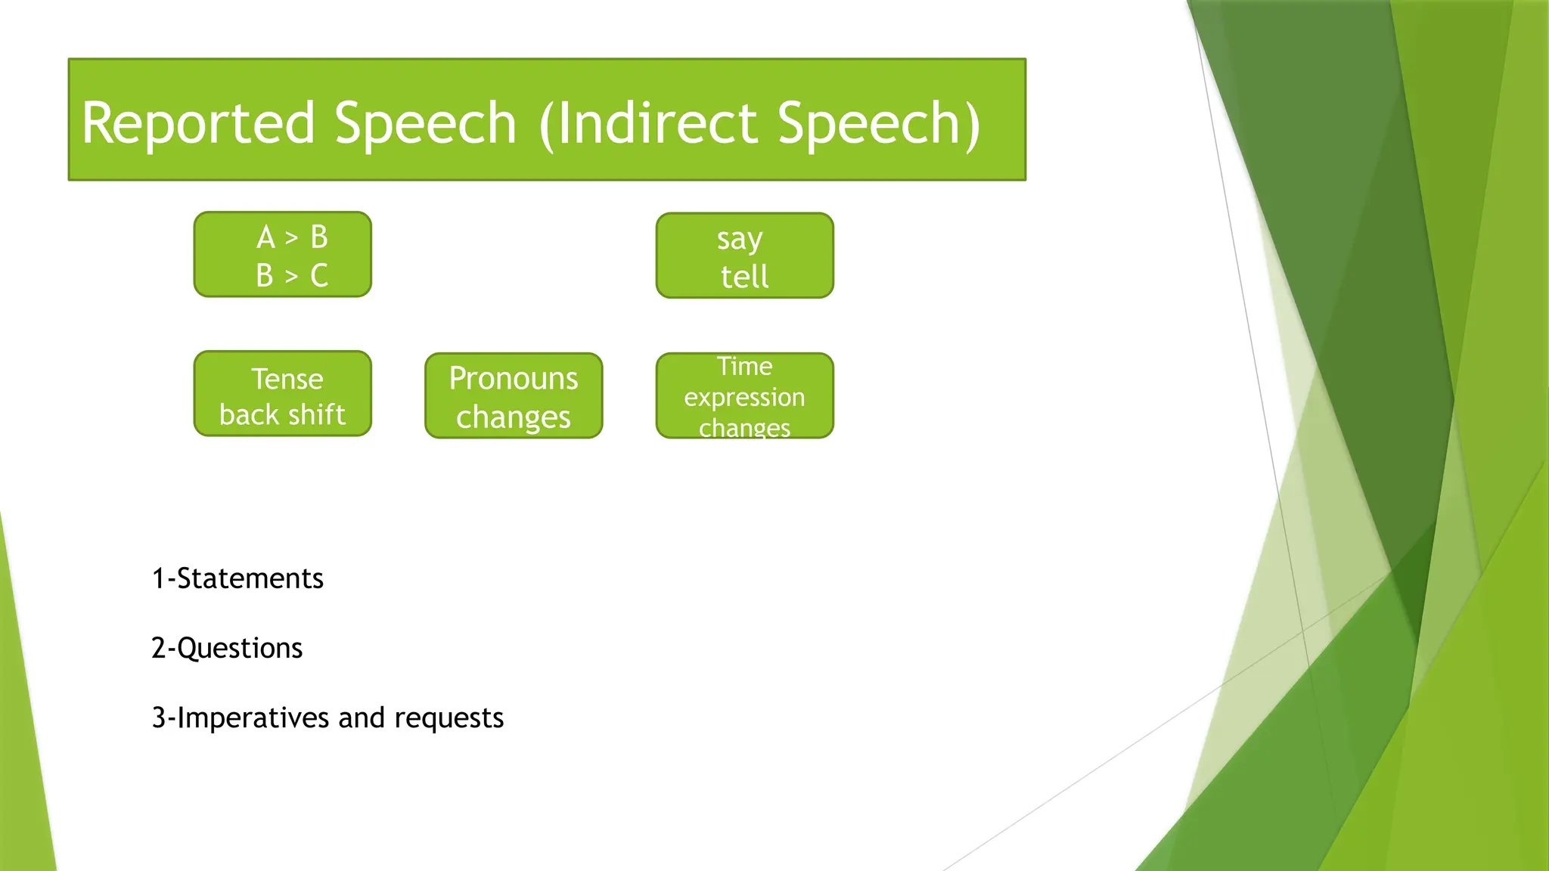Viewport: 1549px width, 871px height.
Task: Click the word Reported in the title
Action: point(197,123)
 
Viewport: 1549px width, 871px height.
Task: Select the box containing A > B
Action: point(282,254)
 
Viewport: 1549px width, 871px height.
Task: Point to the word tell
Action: point(744,277)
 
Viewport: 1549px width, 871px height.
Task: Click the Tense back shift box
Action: point(282,394)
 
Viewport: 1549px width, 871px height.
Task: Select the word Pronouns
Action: point(513,378)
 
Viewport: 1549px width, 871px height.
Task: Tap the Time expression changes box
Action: point(744,395)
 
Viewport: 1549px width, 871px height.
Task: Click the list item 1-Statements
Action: point(237,578)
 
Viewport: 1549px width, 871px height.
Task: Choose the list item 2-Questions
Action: point(227,648)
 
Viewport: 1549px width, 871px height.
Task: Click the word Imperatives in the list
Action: point(254,718)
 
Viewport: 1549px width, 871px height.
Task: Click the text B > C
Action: point(292,276)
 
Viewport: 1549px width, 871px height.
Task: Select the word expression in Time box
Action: point(744,397)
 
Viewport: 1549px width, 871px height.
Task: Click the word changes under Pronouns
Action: point(513,417)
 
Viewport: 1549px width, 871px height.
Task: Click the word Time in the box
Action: point(744,367)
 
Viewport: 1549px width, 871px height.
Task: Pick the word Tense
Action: point(287,379)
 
